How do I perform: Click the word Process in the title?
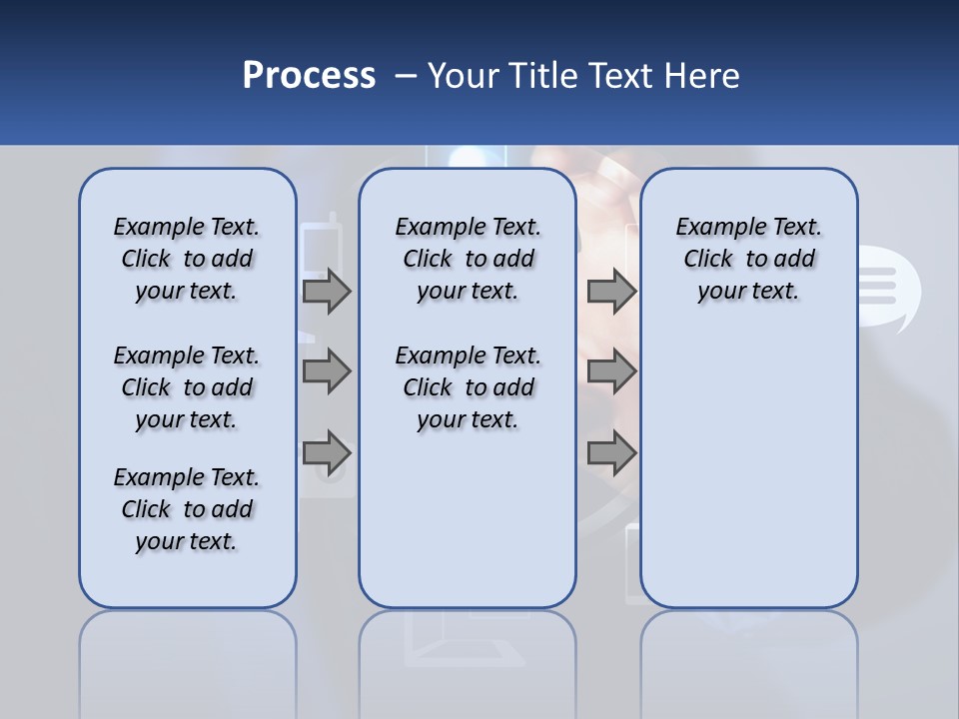tap(309, 76)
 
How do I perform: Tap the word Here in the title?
tap(702, 76)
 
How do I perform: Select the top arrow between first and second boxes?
tap(327, 291)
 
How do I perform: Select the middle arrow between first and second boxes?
tap(327, 371)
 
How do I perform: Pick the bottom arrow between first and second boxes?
tap(327, 453)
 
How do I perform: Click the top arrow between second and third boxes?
tap(611, 291)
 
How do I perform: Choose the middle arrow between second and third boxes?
tap(611, 371)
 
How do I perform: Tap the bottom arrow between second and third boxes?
tap(611, 453)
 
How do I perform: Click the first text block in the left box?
tap(187, 259)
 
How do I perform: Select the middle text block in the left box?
tap(187, 387)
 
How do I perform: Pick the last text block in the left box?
tap(187, 509)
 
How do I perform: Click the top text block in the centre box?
tap(468, 259)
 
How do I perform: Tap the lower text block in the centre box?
tap(468, 387)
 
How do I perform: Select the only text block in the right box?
tap(748, 259)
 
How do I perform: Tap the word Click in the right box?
tap(708, 260)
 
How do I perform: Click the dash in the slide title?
tap(406, 76)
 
